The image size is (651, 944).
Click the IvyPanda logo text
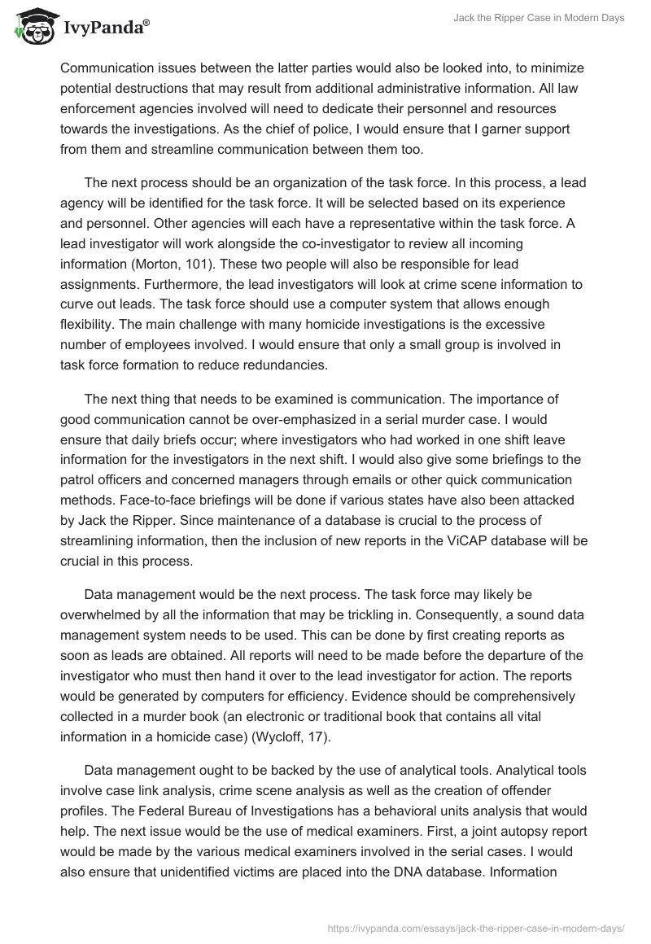point(105,28)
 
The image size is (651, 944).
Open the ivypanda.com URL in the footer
point(474,926)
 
